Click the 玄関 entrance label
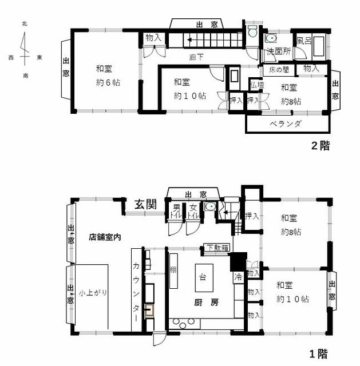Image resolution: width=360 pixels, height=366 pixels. click(145, 205)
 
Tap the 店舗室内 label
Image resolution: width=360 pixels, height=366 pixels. click(105, 237)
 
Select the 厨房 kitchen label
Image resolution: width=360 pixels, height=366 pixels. click(207, 303)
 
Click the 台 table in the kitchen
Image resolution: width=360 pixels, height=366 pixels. click(204, 278)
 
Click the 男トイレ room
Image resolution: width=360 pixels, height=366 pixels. click(176, 211)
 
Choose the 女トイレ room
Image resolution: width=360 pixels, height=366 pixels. click(193, 211)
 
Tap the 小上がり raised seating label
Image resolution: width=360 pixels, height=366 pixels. click(93, 293)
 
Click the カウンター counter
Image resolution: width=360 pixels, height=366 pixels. click(136, 290)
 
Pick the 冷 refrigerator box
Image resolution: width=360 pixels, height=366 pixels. click(239, 277)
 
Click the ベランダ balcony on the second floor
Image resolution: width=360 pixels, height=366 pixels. click(287, 124)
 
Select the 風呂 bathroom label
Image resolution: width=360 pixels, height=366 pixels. click(304, 41)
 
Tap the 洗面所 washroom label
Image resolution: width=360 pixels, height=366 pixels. click(279, 51)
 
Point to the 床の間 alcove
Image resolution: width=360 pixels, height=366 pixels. click(279, 70)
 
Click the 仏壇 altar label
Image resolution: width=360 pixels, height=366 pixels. click(257, 85)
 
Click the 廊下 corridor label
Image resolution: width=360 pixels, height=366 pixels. click(196, 57)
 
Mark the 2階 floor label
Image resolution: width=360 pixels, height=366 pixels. click(321, 146)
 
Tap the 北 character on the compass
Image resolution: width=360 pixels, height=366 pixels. click(25, 23)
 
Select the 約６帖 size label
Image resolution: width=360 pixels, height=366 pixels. click(108, 82)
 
